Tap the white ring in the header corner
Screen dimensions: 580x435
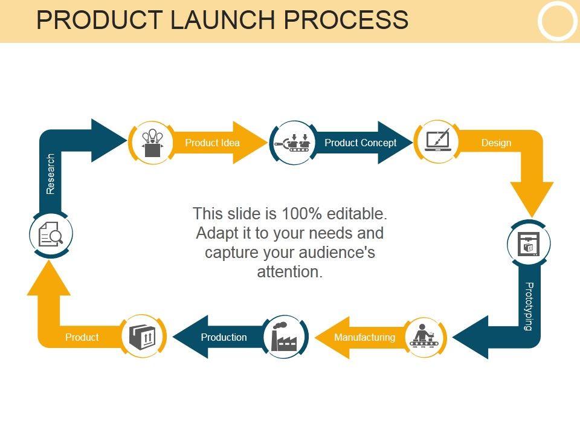coord(558,21)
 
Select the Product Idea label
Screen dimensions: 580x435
coord(212,143)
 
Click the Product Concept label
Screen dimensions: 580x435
coord(360,143)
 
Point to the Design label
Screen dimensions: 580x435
coord(496,143)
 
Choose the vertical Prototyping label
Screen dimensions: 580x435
coord(529,306)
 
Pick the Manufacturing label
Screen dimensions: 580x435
coord(365,337)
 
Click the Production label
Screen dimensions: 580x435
coord(224,337)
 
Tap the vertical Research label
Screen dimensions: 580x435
coord(50,174)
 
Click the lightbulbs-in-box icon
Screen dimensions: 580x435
coord(152,143)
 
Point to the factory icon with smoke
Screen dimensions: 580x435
coord(284,337)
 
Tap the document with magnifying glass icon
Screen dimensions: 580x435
coord(51,234)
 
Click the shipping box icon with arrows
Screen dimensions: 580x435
coord(143,337)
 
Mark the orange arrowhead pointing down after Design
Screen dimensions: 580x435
coord(532,199)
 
